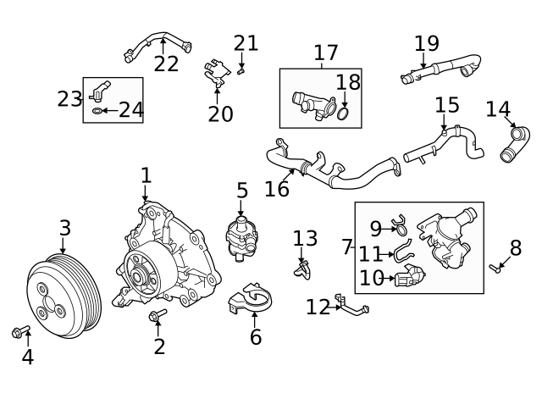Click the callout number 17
click(325, 53)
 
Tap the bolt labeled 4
click(20, 331)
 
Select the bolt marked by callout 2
click(158, 314)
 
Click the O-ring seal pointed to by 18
click(343, 114)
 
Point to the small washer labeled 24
click(97, 111)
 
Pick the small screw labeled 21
click(241, 71)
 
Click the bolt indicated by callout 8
click(495, 268)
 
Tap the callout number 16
click(277, 189)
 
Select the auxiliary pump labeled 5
click(242, 238)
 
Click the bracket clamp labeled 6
click(251, 300)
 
